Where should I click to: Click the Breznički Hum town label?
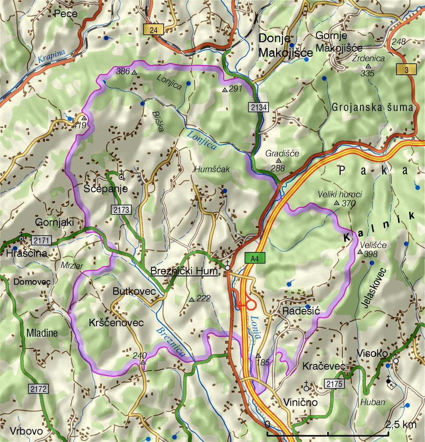point(183,271)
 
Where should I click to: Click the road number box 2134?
point(259,107)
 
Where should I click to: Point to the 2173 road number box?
point(122,209)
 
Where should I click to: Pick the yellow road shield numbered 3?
point(406,69)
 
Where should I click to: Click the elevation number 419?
point(80,125)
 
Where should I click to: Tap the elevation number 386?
point(123,71)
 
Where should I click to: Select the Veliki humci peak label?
point(339,194)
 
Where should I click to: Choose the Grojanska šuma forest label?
point(372,108)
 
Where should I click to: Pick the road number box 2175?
point(334,384)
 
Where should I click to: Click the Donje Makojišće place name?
point(285,45)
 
